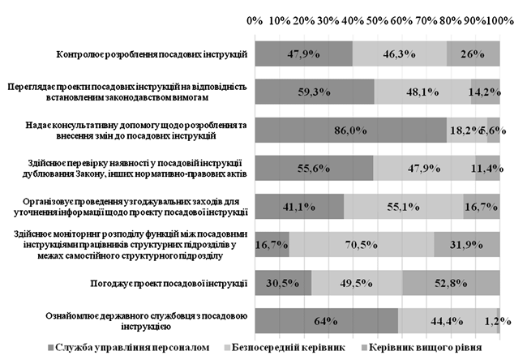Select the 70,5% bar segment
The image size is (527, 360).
[x=362, y=243]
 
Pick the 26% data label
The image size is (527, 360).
[x=473, y=54]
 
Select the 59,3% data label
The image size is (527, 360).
[x=314, y=92]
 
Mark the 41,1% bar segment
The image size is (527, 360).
[x=299, y=207]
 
